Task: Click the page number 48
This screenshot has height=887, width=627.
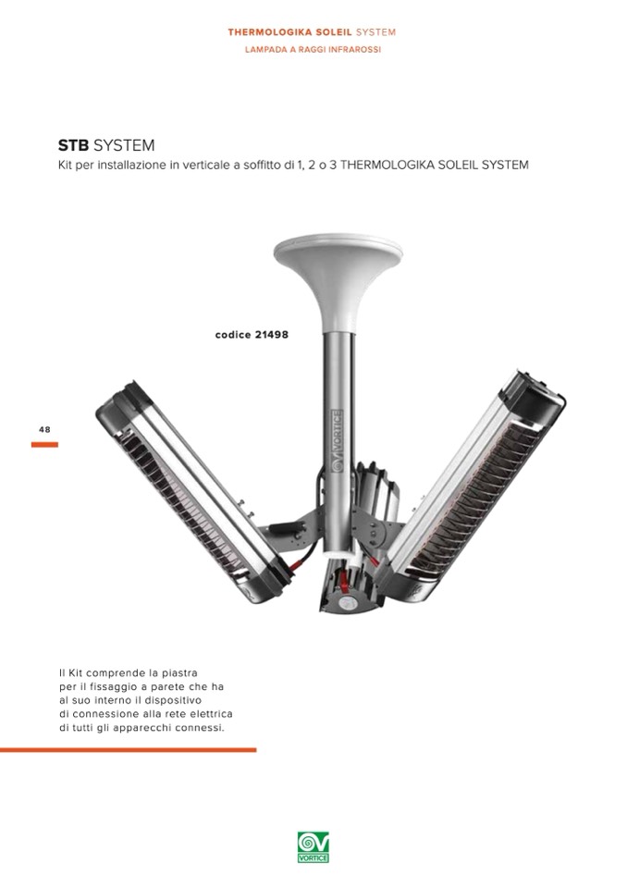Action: [x=44, y=429]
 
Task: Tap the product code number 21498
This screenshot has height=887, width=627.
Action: [x=271, y=334]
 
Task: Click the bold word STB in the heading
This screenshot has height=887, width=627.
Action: [x=73, y=145]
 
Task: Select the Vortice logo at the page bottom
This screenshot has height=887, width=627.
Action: [x=313, y=847]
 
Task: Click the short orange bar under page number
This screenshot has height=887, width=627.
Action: [x=44, y=445]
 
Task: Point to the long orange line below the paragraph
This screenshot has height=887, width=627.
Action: [x=128, y=750]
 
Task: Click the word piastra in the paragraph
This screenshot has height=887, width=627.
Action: [x=179, y=673]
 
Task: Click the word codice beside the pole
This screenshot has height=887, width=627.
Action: [x=233, y=334]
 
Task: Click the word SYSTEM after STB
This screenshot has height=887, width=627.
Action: [x=124, y=145]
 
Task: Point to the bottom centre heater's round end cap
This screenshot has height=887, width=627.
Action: [x=346, y=602]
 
